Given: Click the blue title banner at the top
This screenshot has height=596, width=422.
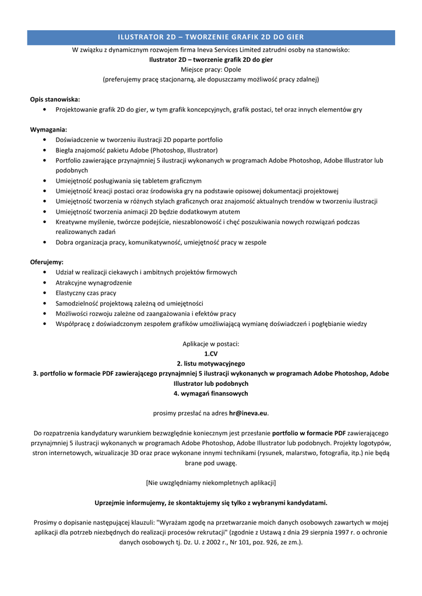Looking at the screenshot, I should (211, 37).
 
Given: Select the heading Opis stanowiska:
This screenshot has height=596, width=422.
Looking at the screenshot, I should (55, 100).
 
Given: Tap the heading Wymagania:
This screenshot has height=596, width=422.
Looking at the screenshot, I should (48, 129).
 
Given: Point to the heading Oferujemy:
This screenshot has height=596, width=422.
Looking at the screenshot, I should (47, 262).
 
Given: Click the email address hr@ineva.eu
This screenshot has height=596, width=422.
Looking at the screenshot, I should (248, 413).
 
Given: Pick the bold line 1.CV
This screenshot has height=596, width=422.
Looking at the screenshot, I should (211, 353).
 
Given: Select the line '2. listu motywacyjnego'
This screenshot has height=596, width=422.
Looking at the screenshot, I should (211, 363).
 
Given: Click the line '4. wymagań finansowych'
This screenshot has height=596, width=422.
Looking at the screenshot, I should (211, 393).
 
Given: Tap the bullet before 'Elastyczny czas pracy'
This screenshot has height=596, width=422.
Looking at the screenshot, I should (45, 293).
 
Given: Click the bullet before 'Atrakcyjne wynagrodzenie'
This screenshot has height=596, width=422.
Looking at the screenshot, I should (45, 283).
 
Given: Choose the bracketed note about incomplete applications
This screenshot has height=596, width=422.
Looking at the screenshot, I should (211, 483).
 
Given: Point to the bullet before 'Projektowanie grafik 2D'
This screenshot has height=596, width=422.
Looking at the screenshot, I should (45, 109).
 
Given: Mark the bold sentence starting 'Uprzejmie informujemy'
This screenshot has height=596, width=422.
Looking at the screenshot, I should (211, 502).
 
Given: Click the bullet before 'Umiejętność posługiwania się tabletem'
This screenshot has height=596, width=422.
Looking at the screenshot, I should (45, 181).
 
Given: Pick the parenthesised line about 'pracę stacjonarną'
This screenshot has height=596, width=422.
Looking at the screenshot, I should (211, 79).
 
